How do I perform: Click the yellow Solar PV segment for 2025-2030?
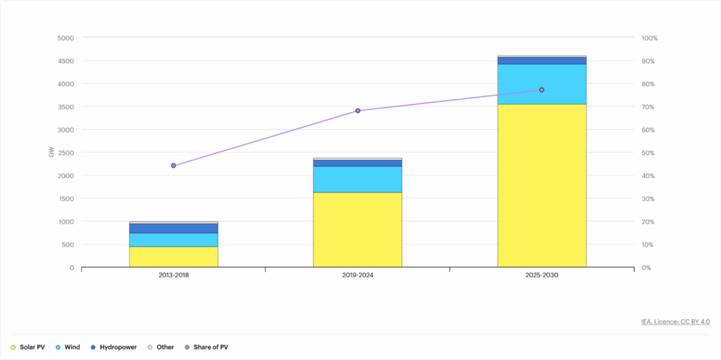tap(541, 186)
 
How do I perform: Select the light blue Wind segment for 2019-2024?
tap(357, 179)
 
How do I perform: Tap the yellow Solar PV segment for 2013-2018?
tap(173, 256)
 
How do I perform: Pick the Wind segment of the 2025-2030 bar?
tap(541, 84)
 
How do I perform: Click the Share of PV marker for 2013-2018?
tap(173, 166)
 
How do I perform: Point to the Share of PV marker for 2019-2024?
tap(358, 111)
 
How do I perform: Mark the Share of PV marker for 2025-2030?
tap(541, 90)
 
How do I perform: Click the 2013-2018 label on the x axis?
tap(173, 275)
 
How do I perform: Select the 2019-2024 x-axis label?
tap(358, 275)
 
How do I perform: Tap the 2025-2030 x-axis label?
tap(541, 275)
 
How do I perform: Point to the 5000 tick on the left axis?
tap(65, 38)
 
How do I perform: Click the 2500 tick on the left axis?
tap(65, 153)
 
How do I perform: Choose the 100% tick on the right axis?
tap(649, 38)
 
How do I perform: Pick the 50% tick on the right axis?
tap(648, 153)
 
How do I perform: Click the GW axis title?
tap(51, 152)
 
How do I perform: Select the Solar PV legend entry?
tap(28, 347)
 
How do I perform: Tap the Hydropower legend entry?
tap(113, 347)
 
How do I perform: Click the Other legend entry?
tap(161, 347)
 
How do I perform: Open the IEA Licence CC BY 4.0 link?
tap(675, 321)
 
